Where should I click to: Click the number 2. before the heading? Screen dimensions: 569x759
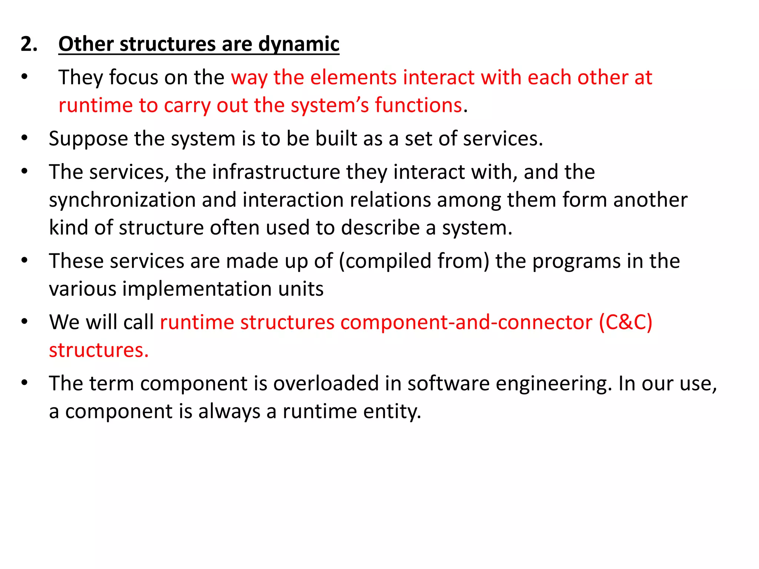(29, 44)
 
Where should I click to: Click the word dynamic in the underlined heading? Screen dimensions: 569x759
(298, 44)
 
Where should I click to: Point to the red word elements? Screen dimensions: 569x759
(353, 77)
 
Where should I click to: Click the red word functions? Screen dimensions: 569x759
(418, 105)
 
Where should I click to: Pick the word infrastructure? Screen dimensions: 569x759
(276, 172)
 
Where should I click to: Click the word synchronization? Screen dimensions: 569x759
(122, 200)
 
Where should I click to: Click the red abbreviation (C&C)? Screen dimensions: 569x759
(626, 322)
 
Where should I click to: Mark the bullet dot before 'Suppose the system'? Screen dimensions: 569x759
(24, 138)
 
